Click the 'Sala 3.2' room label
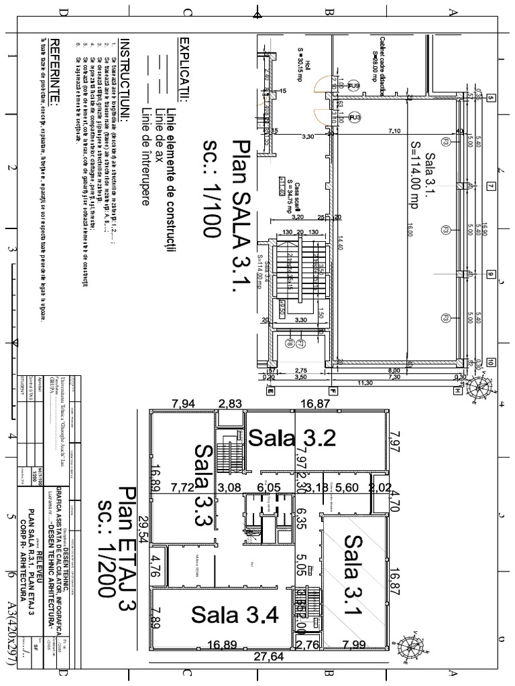coord(292,438)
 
